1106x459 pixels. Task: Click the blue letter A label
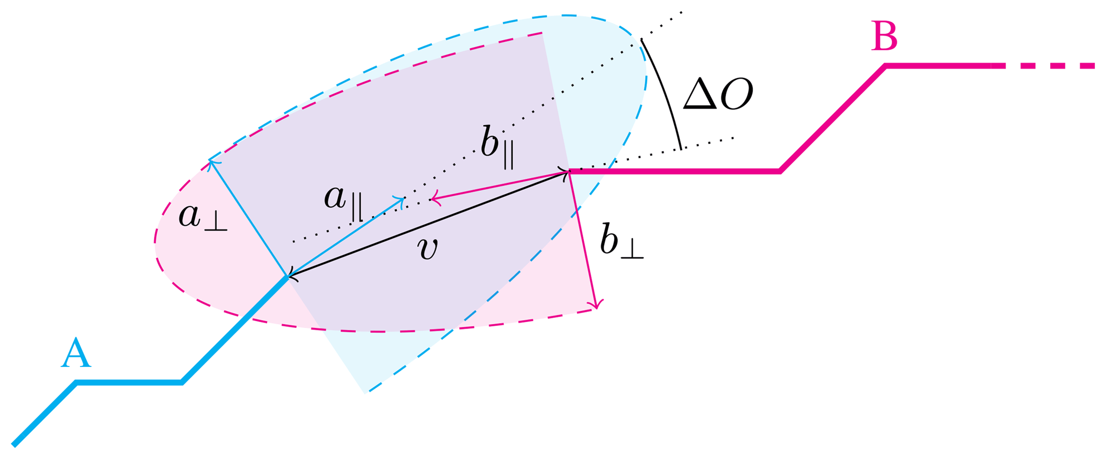coord(75,353)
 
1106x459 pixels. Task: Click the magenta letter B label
coord(884,36)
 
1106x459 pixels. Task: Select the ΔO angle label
coord(718,94)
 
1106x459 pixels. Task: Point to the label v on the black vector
coord(428,248)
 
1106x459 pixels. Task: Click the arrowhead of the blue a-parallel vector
coord(403,199)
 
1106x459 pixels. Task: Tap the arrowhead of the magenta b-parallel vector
coord(432,200)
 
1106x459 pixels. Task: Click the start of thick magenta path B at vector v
coord(569,171)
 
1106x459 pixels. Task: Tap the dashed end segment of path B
coord(1049,66)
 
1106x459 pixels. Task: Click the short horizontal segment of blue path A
coord(128,382)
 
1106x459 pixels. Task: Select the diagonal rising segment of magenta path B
coord(833,118)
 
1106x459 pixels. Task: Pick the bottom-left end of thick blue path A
coord(14,444)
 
